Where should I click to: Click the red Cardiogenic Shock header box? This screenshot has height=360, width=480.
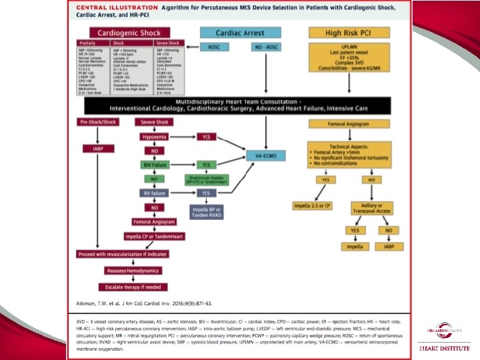(130, 32)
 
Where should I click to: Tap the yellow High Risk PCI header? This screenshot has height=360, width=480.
(343, 32)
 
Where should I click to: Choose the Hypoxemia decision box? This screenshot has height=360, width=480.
(154, 136)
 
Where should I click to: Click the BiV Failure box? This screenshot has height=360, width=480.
(154, 164)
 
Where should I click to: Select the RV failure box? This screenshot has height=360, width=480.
(154, 193)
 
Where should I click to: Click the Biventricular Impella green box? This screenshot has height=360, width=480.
(207, 179)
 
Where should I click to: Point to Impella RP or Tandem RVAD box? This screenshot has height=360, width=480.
(206, 211)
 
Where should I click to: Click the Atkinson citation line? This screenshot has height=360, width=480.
(145, 303)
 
